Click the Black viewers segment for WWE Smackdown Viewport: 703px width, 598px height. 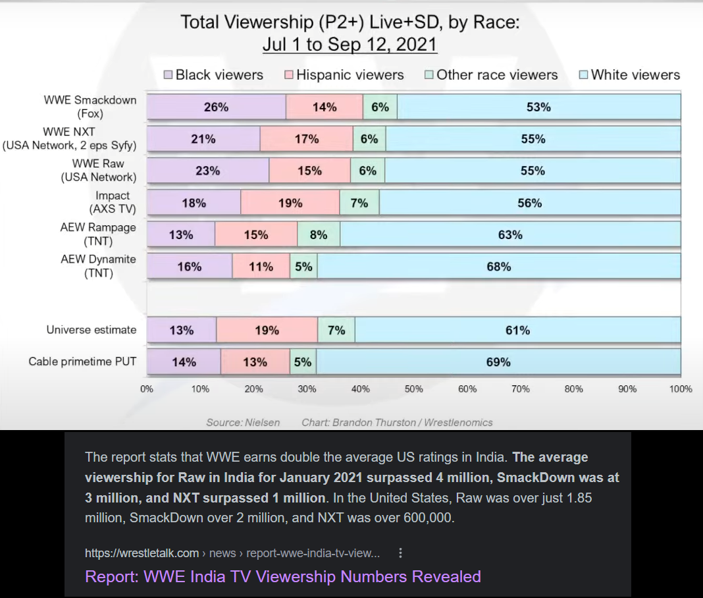coord(216,107)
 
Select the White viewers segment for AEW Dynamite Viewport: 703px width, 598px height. coord(499,266)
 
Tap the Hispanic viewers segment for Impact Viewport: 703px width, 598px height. coord(290,203)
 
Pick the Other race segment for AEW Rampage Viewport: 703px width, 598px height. coord(319,234)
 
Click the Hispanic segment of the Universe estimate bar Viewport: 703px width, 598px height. coord(267,330)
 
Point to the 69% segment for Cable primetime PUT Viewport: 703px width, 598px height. coord(498,362)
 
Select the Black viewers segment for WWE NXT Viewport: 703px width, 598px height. coord(203,139)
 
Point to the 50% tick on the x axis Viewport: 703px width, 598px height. coord(413,389)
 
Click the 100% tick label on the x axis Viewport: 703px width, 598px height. coord(681,389)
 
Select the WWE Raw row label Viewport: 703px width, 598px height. coord(99,170)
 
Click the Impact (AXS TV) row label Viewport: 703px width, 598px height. coord(113,202)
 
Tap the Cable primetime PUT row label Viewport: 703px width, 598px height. coord(82,362)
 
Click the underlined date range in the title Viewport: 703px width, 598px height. coord(350,45)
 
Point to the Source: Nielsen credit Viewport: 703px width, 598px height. coord(243,422)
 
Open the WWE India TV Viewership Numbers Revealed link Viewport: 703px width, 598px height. coord(283,576)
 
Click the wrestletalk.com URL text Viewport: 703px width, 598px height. coord(142,553)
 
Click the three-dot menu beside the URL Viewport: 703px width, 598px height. coord(401,553)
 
